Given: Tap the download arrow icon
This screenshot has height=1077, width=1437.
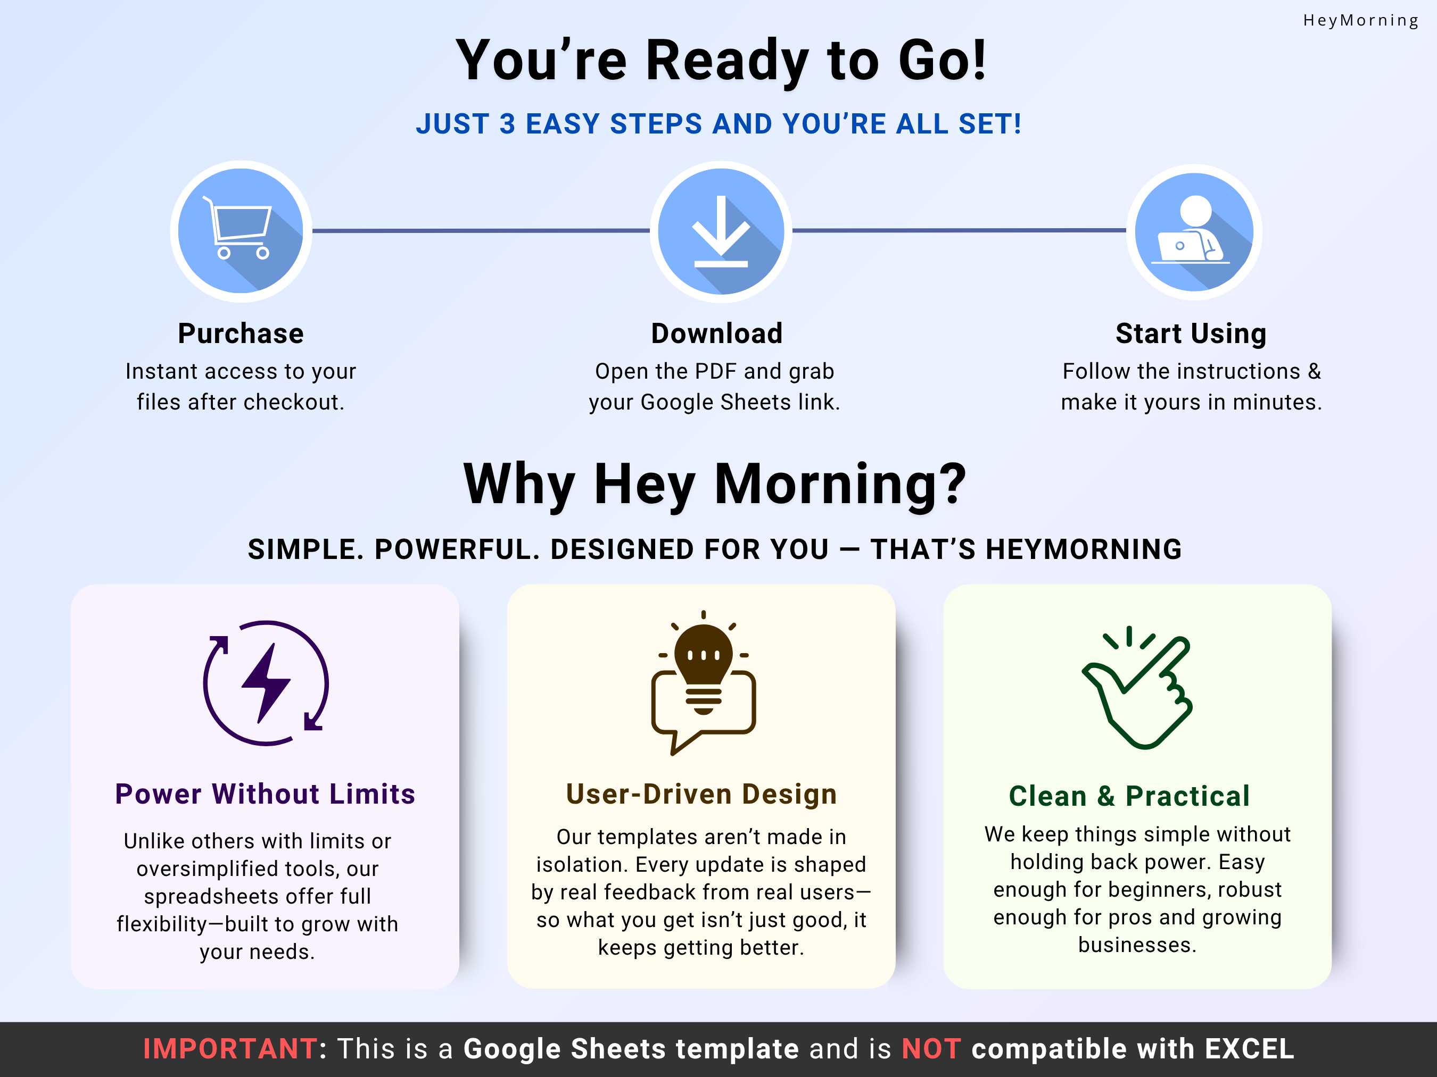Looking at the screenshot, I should [x=721, y=232].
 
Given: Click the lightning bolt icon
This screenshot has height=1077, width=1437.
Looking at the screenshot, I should [x=266, y=683].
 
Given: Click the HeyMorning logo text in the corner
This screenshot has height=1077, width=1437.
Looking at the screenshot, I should [x=1360, y=21].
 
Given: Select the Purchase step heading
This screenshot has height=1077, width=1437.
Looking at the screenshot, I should [x=241, y=333].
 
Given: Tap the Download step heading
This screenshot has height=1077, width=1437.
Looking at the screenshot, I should [x=716, y=333].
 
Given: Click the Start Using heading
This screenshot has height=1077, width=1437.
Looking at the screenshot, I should [x=1191, y=333].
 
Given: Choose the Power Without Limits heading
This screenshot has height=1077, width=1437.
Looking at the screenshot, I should [x=265, y=794].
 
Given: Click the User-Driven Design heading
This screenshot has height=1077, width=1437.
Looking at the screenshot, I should [x=701, y=794].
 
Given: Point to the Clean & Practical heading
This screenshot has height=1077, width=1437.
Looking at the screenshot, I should [x=1129, y=796].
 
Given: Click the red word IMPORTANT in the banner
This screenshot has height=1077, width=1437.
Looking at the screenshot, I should [x=230, y=1049].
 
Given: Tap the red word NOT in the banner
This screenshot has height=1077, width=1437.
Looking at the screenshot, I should [x=931, y=1049].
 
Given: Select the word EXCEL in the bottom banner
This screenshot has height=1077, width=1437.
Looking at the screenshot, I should [x=1249, y=1049].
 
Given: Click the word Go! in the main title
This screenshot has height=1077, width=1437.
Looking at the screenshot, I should [x=942, y=61].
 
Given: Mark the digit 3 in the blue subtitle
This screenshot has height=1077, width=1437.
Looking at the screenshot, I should [x=507, y=124].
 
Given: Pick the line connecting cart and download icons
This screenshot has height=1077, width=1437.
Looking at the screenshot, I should [x=481, y=230].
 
